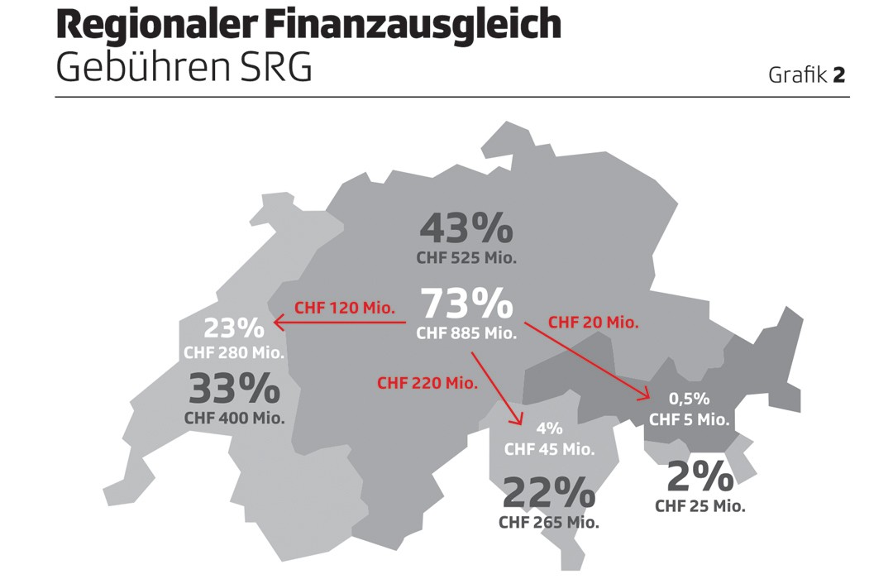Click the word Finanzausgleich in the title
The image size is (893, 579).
pyautogui.click(x=413, y=27)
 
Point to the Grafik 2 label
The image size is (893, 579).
pyautogui.click(x=806, y=75)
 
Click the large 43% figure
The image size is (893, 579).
pyautogui.click(x=466, y=228)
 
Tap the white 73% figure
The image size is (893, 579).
pyautogui.click(x=466, y=304)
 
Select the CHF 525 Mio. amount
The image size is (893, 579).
pyautogui.click(x=466, y=258)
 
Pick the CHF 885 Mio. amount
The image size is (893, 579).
pyautogui.click(x=466, y=334)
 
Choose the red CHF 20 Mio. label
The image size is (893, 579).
pyautogui.click(x=594, y=323)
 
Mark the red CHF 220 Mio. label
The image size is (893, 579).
pyautogui.click(x=427, y=383)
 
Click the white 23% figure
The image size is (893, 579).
pyautogui.click(x=234, y=328)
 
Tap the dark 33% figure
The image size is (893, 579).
pyautogui.click(x=234, y=389)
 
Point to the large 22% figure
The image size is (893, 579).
pyautogui.click(x=548, y=493)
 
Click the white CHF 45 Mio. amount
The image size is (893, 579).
pyautogui.click(x=549, y=450)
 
